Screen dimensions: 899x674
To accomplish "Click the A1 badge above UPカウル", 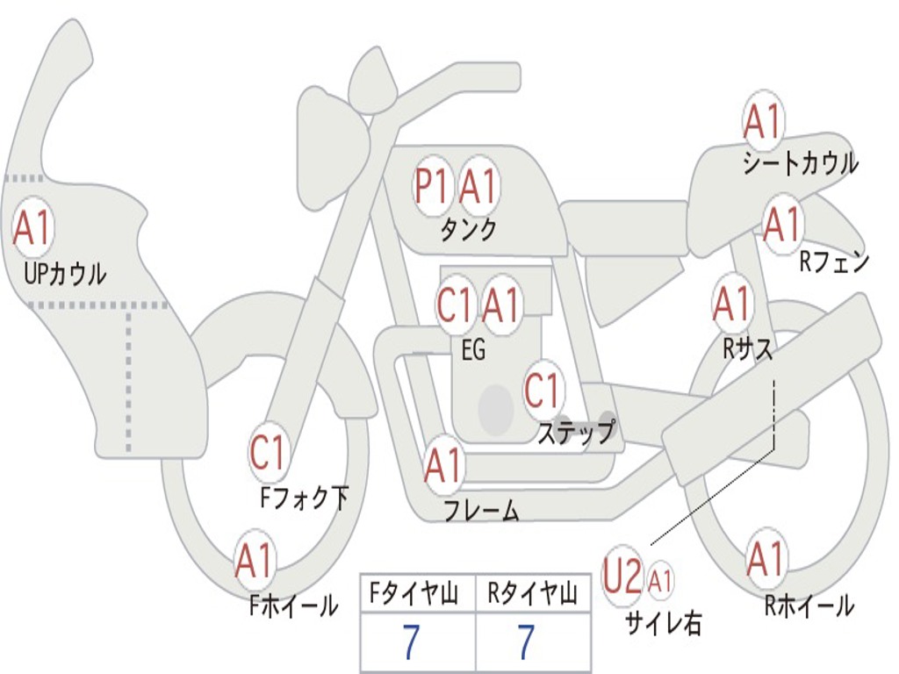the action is click(33, 227).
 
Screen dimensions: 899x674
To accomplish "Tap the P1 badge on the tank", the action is click(433, 187).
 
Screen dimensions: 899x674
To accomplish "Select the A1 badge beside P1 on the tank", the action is click(478, 186).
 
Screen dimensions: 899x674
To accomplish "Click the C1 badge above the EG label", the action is click(455, 305).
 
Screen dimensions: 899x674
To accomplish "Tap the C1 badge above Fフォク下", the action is click(268, 453).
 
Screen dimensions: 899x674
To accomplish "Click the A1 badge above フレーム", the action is click(443, 465).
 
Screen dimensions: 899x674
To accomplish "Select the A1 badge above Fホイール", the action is click(255, 560).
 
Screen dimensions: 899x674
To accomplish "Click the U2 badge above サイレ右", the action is click(622, 578).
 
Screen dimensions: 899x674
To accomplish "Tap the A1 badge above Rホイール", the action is click(765, 559).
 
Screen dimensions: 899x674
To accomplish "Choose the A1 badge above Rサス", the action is click(732, 304).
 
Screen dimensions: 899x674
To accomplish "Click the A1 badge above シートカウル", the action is click(763, 122).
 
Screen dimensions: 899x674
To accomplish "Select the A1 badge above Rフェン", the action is click(782, 225).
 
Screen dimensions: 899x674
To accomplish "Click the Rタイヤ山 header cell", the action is click(532, 595).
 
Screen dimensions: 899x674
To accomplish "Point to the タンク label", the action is click(468, 230).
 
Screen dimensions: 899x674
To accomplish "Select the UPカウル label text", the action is click(65, 274).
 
